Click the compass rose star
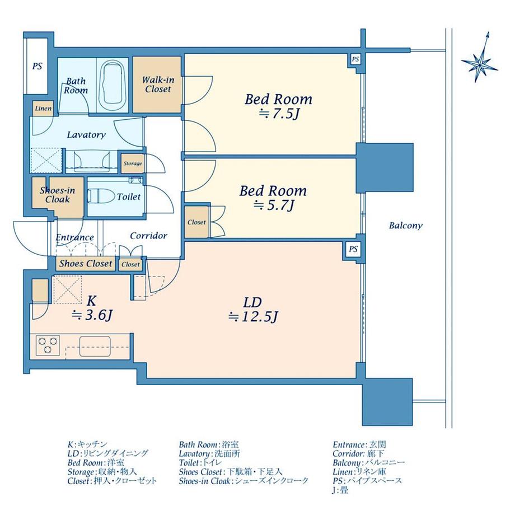(x=480, y=62)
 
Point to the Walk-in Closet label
(x=158, y=85)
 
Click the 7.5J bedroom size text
(x=279, y=114)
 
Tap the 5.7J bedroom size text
(x=274, y=205)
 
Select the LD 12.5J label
(x=253, y=310)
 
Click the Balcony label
(x=406, y=226)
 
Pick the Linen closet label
(x=43, y=109)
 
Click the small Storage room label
(x=133, y=163)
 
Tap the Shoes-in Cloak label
(x=58, y=195)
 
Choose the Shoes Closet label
(x=86, y=264)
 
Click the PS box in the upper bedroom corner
(x=355, y=59)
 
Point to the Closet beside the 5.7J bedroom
(x=196, y=222)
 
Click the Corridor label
(x=148, y=236)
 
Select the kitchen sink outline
(x=95, y=346)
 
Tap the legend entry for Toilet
(x=200, y=463)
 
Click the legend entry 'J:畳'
(x=340, y=490)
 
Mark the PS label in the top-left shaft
(x=37, y=66)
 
